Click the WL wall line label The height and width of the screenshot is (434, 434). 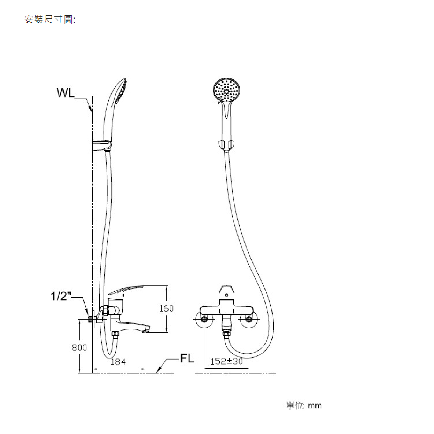[66, 93]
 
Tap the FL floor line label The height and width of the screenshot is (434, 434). [187, 358]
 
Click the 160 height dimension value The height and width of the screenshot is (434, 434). [166, 308]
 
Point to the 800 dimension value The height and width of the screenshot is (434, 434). [79, 347]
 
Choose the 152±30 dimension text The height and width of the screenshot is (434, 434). [227, 361]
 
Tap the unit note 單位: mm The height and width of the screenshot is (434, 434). [304, 405]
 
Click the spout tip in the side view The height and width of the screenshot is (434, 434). [147, 330]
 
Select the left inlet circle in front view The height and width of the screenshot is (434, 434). [204, 319]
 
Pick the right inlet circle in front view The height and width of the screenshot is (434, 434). [249, 319]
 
